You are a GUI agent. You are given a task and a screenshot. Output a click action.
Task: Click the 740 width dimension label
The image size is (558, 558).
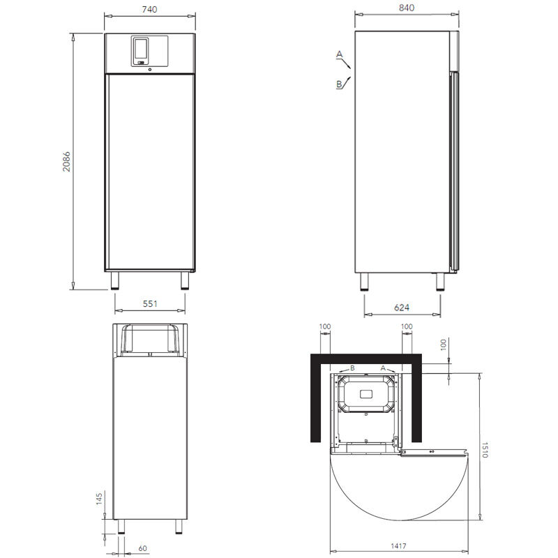149,9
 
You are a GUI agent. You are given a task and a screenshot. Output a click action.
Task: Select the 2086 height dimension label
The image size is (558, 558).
66,162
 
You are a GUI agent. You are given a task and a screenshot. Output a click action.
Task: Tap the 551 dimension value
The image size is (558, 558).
150,303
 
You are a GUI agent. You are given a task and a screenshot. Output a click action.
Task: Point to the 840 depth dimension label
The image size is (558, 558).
407,8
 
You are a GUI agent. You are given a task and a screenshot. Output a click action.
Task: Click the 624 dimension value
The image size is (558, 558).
402,308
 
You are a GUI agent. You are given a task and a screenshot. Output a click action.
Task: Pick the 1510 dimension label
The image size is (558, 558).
485,450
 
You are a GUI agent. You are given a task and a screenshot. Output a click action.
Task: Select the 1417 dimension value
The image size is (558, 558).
398,546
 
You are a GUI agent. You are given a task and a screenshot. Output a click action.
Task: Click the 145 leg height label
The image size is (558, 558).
99,499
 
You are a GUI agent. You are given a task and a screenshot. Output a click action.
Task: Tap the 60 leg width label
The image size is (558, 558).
142,548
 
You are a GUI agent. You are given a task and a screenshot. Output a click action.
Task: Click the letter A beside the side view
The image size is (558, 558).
340,54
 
